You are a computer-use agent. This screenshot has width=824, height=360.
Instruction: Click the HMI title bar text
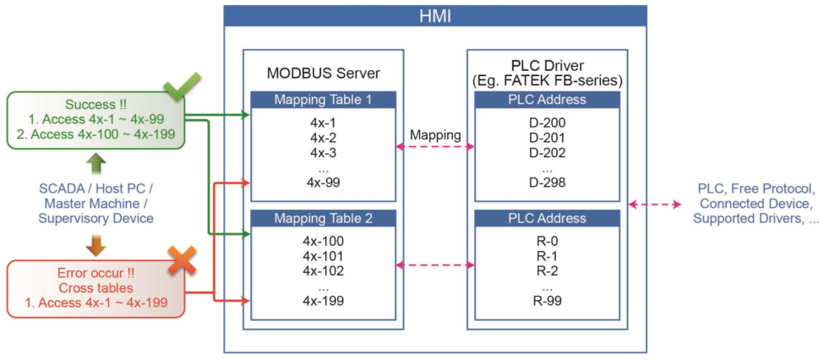435,16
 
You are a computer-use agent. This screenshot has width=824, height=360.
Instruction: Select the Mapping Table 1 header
323,100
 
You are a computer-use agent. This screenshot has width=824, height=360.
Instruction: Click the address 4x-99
323,183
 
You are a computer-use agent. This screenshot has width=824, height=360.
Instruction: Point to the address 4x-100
323,242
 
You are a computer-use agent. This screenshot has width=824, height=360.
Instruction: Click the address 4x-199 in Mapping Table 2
323,301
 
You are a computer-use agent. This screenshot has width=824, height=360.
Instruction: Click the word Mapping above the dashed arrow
435,134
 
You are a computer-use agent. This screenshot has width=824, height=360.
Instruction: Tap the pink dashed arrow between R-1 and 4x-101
435,265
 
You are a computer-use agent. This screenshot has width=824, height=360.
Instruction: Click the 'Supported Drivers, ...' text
756,218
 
